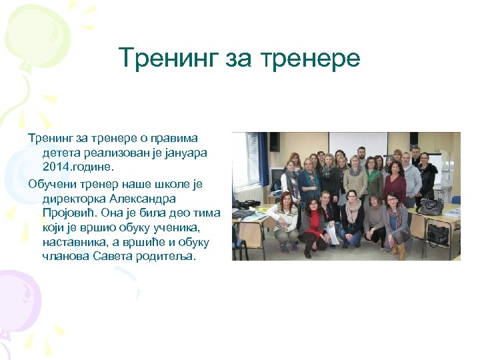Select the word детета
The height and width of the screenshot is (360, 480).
point(59,152)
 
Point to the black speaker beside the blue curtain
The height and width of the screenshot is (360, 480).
point(274,141)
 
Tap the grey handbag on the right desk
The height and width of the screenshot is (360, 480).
point(430,207)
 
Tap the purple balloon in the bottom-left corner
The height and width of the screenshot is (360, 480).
point(17,297)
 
